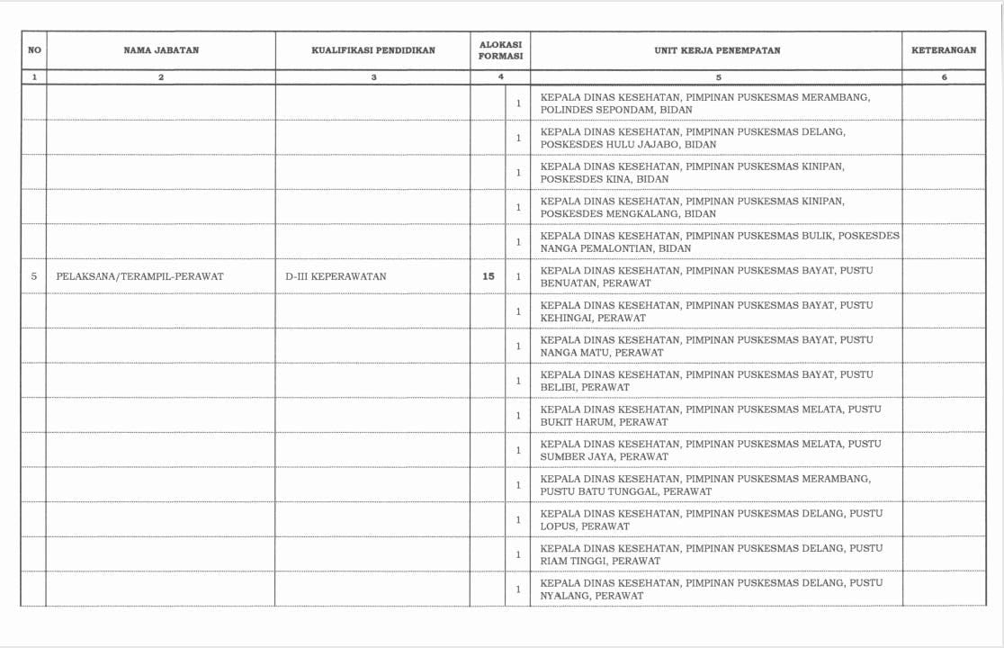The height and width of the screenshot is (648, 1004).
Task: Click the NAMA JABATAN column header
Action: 161,50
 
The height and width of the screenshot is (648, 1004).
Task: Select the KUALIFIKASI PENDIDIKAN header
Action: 373,50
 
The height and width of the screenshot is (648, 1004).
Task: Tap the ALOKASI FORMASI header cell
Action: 500,50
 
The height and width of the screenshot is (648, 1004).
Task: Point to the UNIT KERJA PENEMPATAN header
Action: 717,50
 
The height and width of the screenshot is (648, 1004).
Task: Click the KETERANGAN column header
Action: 944,50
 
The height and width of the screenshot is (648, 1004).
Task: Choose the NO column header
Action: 34,50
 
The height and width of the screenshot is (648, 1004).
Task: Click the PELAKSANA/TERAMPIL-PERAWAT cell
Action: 139,276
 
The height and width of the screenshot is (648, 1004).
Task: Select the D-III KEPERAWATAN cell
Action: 336,276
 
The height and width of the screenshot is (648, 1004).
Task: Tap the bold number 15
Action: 489,276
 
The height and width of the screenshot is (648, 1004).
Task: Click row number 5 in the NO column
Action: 34,276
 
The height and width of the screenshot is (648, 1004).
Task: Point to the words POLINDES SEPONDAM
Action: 596,110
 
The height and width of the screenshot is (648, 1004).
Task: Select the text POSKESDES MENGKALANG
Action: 606,214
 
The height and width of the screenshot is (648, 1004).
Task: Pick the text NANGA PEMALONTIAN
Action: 596,248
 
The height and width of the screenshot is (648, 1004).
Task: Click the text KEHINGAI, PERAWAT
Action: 593,318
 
